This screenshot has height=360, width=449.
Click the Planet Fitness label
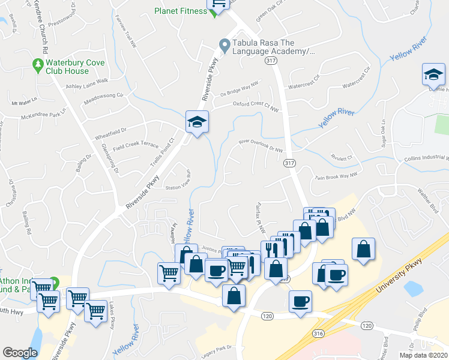pyautogui.click(x=180, y=11)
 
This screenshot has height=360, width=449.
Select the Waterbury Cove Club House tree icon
pyautogui.click(x=38, y=63)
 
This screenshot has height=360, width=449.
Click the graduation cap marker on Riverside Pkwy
pyautogui.click(x=196, y=122)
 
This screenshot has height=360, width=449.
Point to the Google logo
pyautogui.click(x=20, y=352)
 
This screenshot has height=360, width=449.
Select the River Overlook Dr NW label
pyautogui.click(x=261, y=145)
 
